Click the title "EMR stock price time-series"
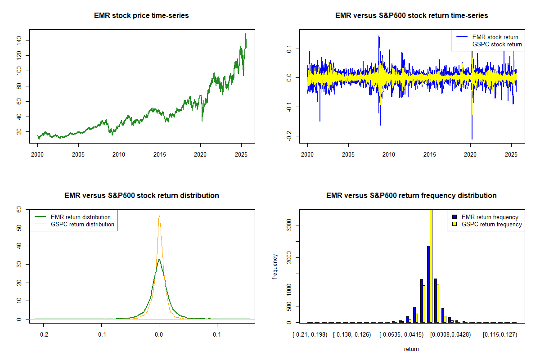click(141, 15)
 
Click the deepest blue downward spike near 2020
click(472, 138)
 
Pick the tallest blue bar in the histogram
click(428, 283)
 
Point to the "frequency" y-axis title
click(275, 266)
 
